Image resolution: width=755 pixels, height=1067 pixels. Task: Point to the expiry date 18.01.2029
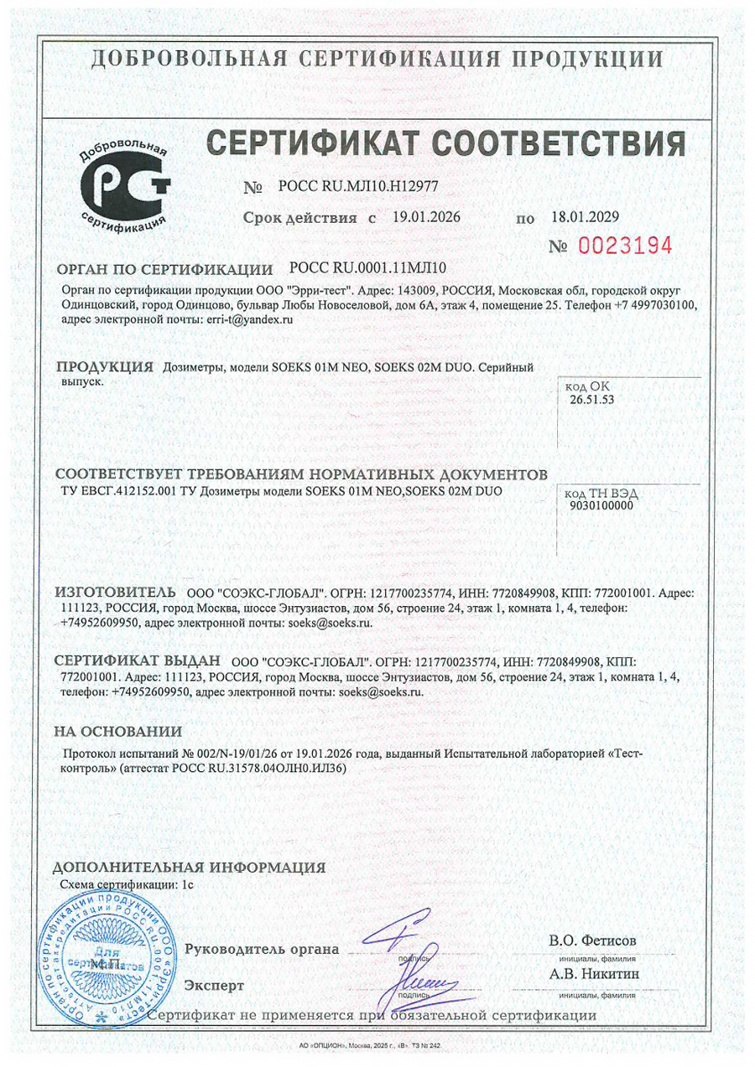pos(585,218)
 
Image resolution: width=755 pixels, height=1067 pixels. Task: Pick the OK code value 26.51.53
pos(592,401)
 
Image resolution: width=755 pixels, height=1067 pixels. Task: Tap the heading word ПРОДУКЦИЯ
pos(104,368)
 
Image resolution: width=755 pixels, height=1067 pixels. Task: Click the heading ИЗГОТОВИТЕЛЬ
pos(115,593)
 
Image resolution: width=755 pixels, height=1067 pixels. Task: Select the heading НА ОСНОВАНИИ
pos(118,732)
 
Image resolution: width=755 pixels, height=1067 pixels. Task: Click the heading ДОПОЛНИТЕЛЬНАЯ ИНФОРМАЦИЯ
pos(189,868)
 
